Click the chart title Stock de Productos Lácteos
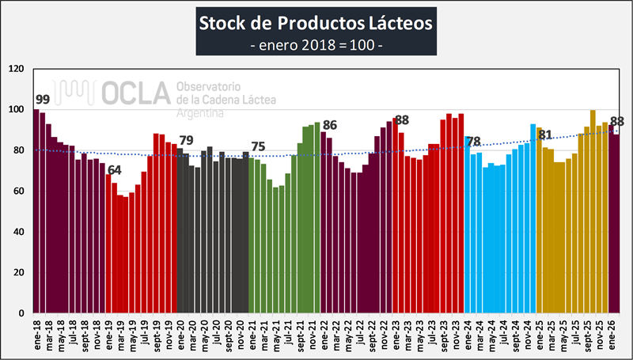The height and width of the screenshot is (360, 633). point(316,23)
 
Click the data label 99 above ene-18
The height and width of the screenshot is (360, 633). point(42,100)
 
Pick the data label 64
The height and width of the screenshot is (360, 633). point(115,170)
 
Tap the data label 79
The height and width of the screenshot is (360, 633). point(187,140)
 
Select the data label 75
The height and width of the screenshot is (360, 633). point(258,147)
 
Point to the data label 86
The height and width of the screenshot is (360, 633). point(330,125)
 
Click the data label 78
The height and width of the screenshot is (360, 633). point(473,142)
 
